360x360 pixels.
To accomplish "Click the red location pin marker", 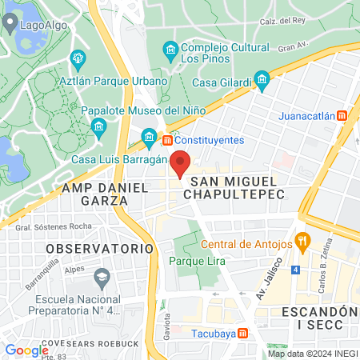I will (x=181, y=162).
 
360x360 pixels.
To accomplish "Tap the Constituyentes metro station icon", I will (x=167, y=140).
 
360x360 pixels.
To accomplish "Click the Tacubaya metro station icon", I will (x=242, y=333).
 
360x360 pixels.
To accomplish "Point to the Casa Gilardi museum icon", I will (x=261, y=78).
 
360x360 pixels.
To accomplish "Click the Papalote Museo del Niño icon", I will (x=98, y=126).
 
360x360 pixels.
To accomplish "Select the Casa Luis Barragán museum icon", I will (x=149, y=138).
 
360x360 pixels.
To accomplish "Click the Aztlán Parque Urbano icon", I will (x=78, y=58).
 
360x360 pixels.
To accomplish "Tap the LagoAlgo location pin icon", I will (x=11, y=24).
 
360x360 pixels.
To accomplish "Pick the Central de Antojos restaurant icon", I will (x=302, y=240).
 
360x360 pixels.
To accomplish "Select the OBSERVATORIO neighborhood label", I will (x=87, y=249).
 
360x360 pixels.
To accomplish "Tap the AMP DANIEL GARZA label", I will (x=105, y=194).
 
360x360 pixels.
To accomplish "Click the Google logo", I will (x=26, y=350).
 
